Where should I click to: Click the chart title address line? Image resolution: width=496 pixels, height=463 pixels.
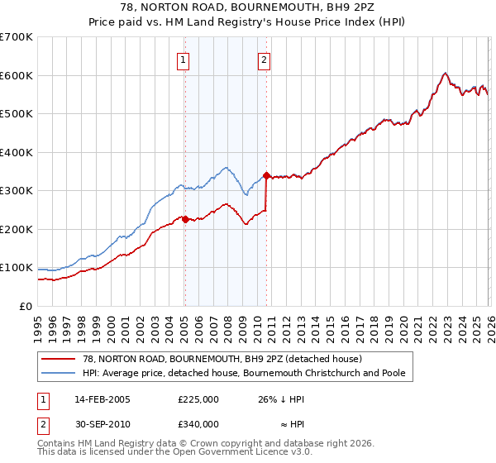[x=248, y=7]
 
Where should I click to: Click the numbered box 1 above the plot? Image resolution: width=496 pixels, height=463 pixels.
[x=182, y=59]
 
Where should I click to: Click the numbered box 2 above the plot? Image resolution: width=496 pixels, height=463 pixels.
[x=263, y=59]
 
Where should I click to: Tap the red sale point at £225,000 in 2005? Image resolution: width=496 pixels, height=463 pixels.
[x=184, y=219]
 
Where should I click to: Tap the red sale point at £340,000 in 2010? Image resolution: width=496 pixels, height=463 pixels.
[x=266, y=175]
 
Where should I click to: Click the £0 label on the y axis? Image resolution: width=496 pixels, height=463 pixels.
[x=25, y=306]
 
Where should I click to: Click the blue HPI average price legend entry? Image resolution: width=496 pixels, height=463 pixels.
[x=243, y=373]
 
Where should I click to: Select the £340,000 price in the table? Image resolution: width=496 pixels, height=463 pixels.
[x=198, y=423]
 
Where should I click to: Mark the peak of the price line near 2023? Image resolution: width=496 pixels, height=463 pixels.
[x=445, y=73]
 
